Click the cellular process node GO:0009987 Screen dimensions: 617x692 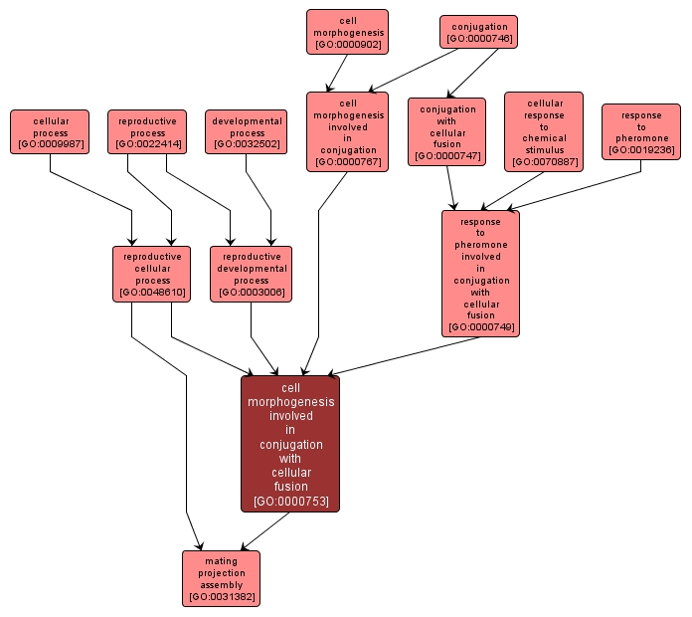coord(50,132)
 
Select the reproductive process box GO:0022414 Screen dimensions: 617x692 coord(147,132)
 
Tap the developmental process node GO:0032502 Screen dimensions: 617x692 coord(247,132)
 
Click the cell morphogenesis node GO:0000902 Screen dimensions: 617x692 coord(347,32)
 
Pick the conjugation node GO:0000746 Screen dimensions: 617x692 coord(478,32)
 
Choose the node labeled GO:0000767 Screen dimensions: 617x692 coord(347,131)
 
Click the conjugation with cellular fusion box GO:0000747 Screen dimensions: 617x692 coord(446,131)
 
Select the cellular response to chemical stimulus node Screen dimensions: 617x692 coord(544,131)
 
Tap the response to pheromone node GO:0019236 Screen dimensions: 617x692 coord(641,131)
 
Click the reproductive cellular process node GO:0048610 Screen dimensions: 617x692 coord(152,274)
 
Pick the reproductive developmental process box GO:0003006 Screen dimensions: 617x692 coord(251,274)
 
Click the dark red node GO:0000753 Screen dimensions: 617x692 coord(290,443)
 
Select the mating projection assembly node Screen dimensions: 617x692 coord(221,578)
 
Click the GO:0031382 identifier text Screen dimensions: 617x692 coord(221,598)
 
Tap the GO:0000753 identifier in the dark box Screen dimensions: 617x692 coord(290,501)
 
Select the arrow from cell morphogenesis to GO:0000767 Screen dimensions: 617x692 coord(337,73)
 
